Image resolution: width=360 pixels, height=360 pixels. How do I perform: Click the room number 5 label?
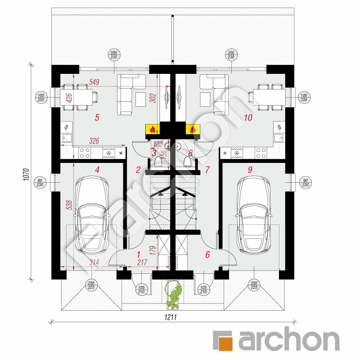click(97, 118)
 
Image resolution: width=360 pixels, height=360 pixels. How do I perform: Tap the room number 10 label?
click(248, 118)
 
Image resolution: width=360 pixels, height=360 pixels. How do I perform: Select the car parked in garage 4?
click(91, 215)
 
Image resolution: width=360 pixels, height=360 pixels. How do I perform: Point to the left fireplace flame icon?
click(153, 129)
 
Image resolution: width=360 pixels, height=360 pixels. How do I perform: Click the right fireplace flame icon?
click(193, 129)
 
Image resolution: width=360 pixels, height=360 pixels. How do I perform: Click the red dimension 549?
click(94, 83)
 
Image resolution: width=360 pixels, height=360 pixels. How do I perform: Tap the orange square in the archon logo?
click(224, 341)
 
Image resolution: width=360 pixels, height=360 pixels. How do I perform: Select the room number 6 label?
click(207, 254)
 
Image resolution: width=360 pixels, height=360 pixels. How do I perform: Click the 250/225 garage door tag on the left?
click(92, 285)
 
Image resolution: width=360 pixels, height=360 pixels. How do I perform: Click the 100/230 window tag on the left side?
click(41, 97)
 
